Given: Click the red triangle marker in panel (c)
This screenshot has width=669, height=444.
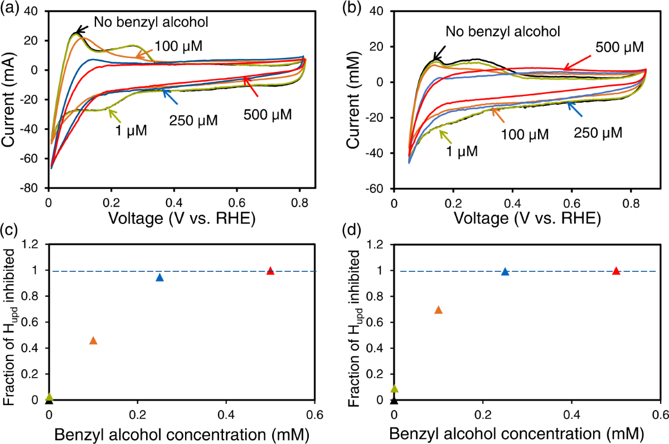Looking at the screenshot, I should click(x=270, y=271).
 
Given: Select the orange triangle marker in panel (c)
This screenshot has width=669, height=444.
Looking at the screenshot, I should click(x=93, y=340).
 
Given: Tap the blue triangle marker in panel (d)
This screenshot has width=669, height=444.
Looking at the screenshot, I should click(x=505, y=271).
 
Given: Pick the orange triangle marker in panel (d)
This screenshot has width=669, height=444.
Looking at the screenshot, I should click(x=438, y=310).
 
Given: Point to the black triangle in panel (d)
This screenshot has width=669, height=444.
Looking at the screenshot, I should click(x=394, y=400).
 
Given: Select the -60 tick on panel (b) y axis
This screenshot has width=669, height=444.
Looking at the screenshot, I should click(x=379, y=189).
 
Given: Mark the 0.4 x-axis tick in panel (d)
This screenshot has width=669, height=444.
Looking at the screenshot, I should click(x=571, y=414).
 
